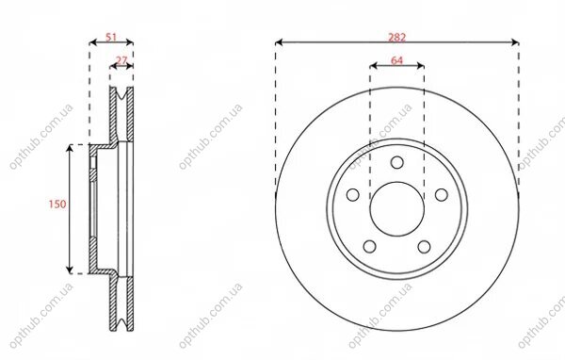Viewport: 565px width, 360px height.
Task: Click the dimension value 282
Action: coord(396,37)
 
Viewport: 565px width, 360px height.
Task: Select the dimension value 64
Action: coord(396,60)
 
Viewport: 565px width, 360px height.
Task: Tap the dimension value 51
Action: coord(111,37)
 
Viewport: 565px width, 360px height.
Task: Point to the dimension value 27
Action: coord(121,60)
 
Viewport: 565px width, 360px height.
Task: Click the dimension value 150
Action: coord(57,205)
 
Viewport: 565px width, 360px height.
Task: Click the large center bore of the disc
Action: coord(396,209)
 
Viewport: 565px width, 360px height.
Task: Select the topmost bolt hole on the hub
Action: coord(396,162)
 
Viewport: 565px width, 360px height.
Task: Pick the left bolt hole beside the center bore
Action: coord(353,195)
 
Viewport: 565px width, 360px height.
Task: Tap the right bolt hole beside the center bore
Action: coord(442,195)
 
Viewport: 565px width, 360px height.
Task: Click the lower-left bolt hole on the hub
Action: coord(370,247)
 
